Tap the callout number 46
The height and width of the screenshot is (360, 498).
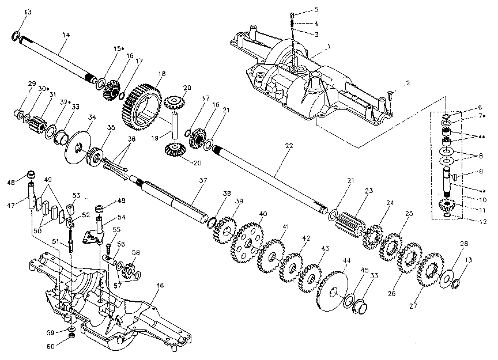tap(160, 285)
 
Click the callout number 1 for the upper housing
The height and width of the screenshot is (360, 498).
tap(329, 46)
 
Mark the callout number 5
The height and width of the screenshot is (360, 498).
tap(316, 10)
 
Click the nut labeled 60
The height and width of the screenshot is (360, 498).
tap(70, 336)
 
